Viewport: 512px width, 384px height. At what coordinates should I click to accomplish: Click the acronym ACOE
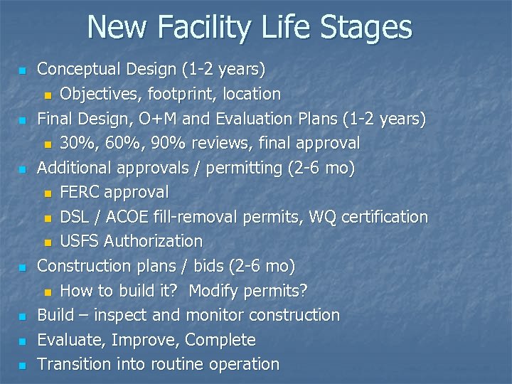tap(142, 217)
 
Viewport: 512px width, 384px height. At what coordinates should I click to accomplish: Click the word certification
tap(385, 217)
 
